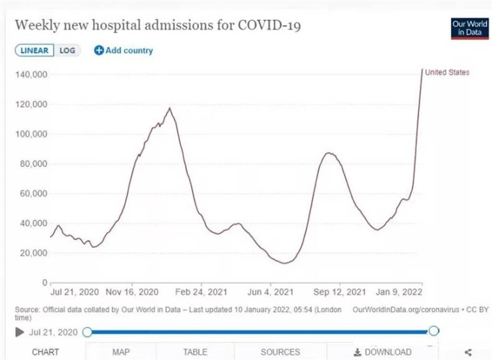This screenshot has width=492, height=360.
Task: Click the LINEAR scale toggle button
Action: (x=35, y=50)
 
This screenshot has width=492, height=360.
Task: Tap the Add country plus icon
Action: (x=99, y=50)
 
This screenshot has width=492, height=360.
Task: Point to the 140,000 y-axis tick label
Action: (x=31, y=74)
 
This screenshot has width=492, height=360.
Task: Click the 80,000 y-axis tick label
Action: (x=33, y=164)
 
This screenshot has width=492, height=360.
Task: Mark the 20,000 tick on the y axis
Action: (x=33, y=253)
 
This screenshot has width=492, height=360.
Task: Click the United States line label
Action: (x=447, y=73)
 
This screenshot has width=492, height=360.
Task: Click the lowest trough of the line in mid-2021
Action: (x=285, y=263)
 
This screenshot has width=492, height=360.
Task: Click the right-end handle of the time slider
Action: (x=434, y=331)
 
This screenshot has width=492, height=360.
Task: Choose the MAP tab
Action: (x=121, y=352)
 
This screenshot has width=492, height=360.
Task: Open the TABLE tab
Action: (x=195, y=352)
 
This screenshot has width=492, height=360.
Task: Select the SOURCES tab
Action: (x=280, y=352)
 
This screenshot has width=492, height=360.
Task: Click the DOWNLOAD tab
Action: (x=382, y=352)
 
